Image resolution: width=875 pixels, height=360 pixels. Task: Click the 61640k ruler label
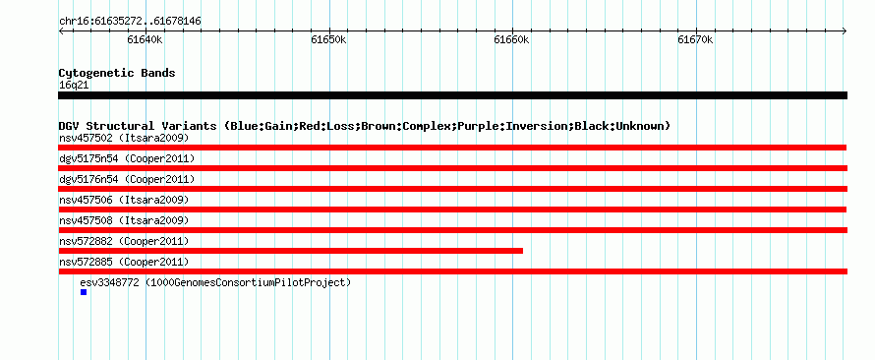coord(145,40)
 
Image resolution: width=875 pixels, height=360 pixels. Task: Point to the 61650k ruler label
coord(328,40)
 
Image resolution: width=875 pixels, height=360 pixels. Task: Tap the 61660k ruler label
coord(511,40)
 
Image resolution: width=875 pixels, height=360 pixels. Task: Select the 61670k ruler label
coord(695,40)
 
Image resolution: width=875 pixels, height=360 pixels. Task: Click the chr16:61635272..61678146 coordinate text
coord(130,22)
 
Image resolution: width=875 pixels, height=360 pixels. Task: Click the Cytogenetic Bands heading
coord(117,73)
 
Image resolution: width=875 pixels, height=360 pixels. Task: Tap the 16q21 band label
coord(74,86)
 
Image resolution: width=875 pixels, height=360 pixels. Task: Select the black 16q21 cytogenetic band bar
coord(452,95)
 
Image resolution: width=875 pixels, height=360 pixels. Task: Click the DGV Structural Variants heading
coord(365,126)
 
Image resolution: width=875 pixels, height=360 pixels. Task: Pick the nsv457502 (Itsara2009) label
coord(124,138)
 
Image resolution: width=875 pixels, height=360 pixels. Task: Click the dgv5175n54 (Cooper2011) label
coord(127,159)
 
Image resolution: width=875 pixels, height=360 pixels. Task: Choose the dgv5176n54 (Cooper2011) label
coord(127,179)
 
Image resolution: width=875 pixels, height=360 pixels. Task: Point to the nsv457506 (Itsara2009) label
coord(124,200)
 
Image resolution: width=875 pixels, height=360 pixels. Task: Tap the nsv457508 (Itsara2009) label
coord(124,220)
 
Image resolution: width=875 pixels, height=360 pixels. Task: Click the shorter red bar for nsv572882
coord(291,251)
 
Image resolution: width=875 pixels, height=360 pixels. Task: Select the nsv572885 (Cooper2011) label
coord(124,262)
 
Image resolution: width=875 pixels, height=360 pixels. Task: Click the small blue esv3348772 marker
coord(84,292)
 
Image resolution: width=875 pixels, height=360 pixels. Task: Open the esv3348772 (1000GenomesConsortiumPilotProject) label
coord(215,282)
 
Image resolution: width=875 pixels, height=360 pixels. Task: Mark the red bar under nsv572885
coord(452,271)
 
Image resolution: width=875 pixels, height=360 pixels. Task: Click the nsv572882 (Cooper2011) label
coord(124,241)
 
